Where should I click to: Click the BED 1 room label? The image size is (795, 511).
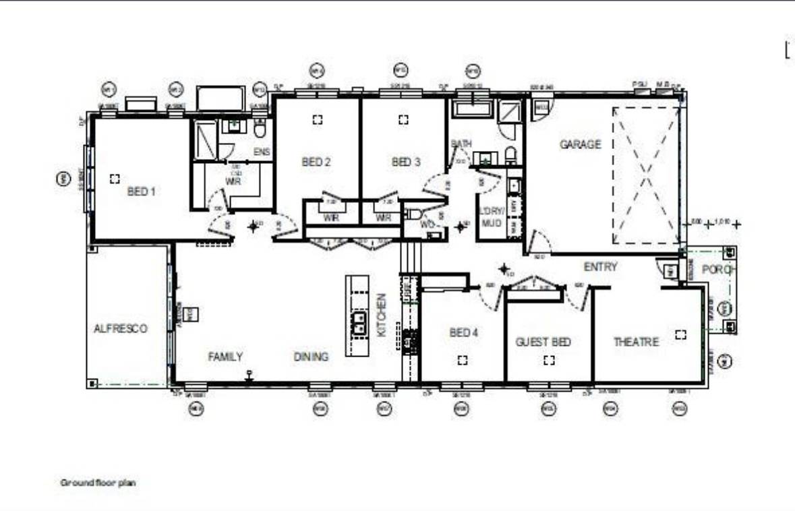[x=141, y=191]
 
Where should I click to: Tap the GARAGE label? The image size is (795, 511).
[x=579, y=144]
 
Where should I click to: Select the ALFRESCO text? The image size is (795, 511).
[x=120, y=328]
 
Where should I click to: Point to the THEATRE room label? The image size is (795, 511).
[x=635, y=342]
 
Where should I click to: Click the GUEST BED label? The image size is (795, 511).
[x=543, y=342]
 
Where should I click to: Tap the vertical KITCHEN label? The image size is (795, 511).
[x=382, y=315]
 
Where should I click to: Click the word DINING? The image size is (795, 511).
[x=311, y=357]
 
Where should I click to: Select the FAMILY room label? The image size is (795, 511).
[x=225, y=357]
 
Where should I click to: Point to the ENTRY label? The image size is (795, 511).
[x=600, y=267]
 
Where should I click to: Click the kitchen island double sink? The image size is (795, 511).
[x=357, y=326]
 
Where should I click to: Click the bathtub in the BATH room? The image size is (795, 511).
[x=473, y=110]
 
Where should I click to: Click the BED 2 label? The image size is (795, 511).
[x=316, y=162]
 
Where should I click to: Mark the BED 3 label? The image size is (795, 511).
[x=405, y=162]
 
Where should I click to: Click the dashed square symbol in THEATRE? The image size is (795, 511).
[x=681, y=334]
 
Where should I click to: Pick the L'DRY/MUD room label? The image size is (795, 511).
[x=491, y=216]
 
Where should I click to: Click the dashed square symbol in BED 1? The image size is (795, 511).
[x=114, y=178]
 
